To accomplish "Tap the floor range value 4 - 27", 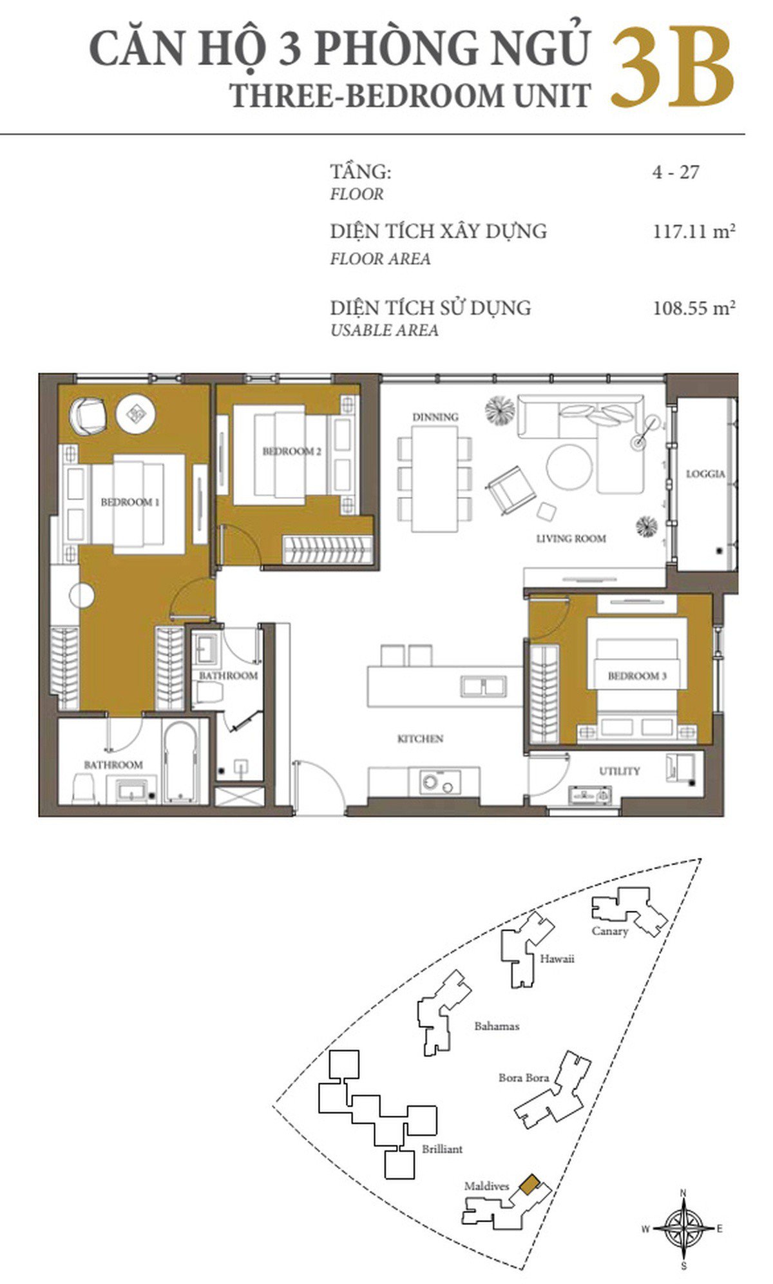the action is coord(675,172).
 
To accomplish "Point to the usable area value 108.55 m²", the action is coord(694,307).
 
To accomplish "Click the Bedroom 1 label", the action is coord(129,501).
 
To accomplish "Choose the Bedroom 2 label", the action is coord(291,451).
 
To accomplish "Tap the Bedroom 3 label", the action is coord(637,676).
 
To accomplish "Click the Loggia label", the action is coord(705,474).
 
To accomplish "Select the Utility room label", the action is coord(620,771).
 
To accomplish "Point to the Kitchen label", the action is coord(420,739).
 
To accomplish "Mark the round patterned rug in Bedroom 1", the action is coord(135,415).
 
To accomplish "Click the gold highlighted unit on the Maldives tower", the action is coord(530,1185).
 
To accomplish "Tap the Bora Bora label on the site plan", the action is coord(524,1077).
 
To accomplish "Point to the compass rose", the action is coord(683,1229).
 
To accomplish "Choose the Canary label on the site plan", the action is coord(609,931).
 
